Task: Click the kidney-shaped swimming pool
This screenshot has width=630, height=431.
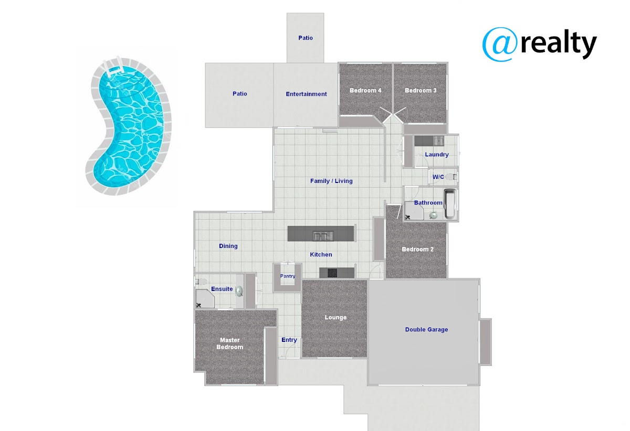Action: point(129,126)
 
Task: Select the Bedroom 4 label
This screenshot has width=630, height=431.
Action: point(365,91)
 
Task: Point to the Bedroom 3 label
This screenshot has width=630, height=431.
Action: point(421,91)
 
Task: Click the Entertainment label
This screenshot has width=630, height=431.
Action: point(306,94)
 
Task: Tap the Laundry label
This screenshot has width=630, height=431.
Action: point(437,155)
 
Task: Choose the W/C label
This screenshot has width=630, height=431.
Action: point(438,177)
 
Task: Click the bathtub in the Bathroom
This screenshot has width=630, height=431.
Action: point(450,204)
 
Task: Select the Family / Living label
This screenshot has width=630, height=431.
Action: point(331,181)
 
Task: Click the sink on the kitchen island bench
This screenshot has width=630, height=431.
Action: point(321,236)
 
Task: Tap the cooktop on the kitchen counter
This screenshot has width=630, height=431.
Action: point(332,273)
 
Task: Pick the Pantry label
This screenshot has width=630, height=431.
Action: point(288,276)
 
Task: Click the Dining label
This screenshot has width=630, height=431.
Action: point(228,246)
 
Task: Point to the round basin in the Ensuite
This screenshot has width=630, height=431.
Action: point(239,290)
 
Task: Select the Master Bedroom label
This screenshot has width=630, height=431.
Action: point(230,343)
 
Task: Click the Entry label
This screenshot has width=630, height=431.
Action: point(289,340)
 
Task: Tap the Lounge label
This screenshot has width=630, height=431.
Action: point(335,317)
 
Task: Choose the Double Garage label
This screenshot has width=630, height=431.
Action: point(426,330)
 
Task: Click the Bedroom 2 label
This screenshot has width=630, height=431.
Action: point(417,249)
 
